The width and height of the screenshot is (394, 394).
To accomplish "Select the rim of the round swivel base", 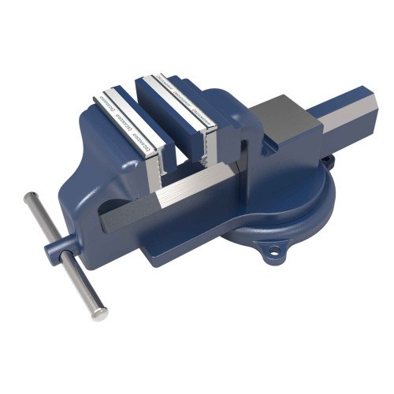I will click(236, 236).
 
